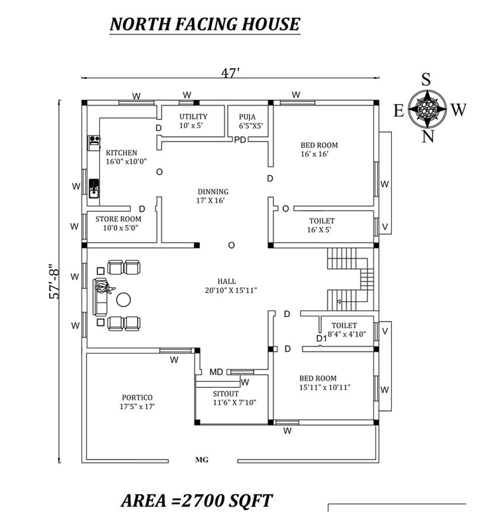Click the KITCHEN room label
pos(121,153)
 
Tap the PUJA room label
pos(248,117)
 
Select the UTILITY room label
pos(193,117)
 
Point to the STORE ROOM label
pos(118,219)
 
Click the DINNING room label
pos(213,192)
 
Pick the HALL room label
pos(226,281)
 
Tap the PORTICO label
pos(137,398)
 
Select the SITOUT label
pos(226,394)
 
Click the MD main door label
pos(216,372)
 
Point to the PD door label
pos(240,140)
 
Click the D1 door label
pos(321,338)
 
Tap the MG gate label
pos(201,459)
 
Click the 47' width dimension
pos(230,73)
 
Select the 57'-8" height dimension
pos(54,281)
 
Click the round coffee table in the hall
pos(124,299)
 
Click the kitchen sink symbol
pos(94,188)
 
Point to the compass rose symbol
pos(427,109)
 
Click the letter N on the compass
pos(427,136)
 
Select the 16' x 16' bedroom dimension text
pos(314,154)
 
